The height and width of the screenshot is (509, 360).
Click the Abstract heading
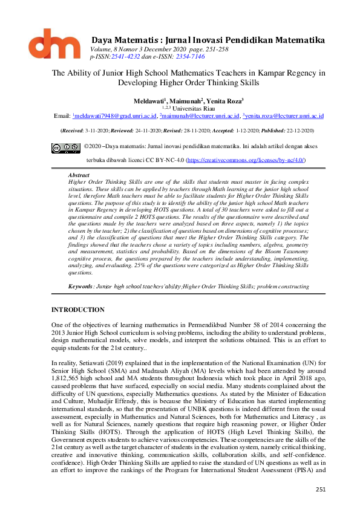point(79,175)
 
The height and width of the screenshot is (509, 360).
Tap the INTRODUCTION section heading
point(80,310)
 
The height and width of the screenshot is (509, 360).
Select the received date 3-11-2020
point(98,130)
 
